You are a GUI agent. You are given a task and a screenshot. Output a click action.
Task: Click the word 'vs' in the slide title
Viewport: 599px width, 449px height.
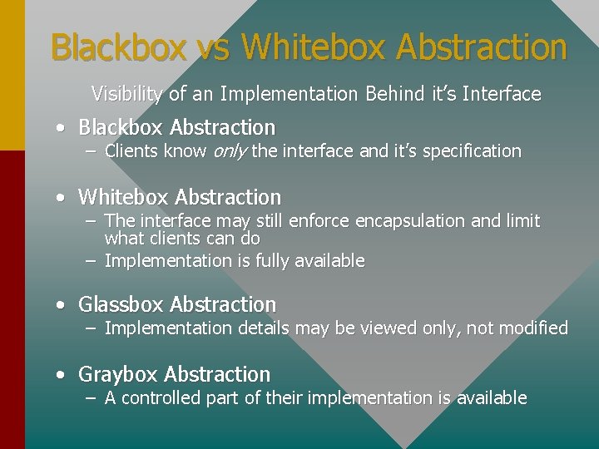pos(215,47)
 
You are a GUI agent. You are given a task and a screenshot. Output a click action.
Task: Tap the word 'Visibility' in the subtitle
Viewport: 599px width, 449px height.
pos(127,94)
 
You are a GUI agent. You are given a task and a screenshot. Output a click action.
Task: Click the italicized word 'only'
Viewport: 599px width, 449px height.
pos(230,151)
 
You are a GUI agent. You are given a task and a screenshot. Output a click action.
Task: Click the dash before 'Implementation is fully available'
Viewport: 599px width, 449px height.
pos(91,261)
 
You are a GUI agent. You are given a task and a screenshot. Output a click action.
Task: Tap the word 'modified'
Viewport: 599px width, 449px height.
pos(533,328)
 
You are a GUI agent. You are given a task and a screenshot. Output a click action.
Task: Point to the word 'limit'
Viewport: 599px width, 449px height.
pos(521,221)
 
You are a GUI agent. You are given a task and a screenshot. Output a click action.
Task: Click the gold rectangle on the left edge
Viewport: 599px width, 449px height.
pos(12,75)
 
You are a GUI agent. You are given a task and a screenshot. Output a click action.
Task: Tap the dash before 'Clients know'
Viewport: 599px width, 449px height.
pos(91,151)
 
